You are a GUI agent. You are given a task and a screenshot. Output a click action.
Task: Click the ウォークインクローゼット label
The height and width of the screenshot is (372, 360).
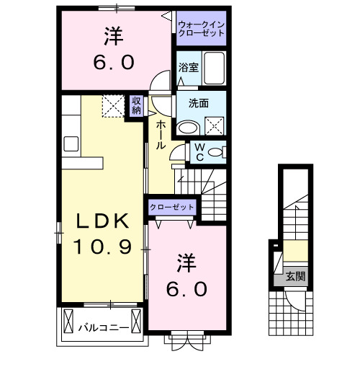pyautogui.click(x=201, y=30)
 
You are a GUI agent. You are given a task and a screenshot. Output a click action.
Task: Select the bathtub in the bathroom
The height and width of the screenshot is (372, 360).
pyautogui.click(x=213, y=69)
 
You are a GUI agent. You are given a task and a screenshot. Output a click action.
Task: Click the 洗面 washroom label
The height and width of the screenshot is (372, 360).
pyautogui.click(x=199, y=103)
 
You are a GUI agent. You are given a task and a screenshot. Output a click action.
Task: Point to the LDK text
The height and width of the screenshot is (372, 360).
pyautogui.click(x=101, y=222)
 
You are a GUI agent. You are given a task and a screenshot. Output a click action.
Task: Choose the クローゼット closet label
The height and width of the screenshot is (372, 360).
pyautogui.click(x=172, y=207)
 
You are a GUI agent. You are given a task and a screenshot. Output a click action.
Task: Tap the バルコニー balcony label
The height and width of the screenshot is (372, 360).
pyautogui.click(x=103, y=328)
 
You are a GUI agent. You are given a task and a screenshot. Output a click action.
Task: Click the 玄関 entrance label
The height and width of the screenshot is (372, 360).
pyautogui.click(x=294, y=275)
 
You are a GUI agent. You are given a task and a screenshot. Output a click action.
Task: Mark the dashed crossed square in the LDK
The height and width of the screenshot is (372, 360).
pyautogui.click(x=112, y=107)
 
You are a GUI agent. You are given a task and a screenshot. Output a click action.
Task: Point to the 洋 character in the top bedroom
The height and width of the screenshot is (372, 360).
pyautogui.click(x=113, y=34)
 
